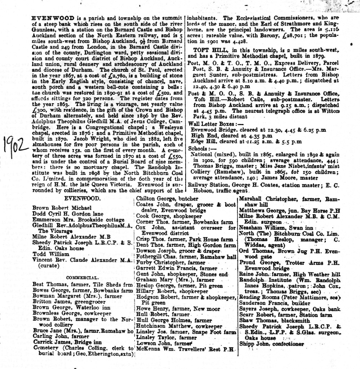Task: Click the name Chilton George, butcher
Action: point(167,199)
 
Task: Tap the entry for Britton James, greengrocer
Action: point(62,301)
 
